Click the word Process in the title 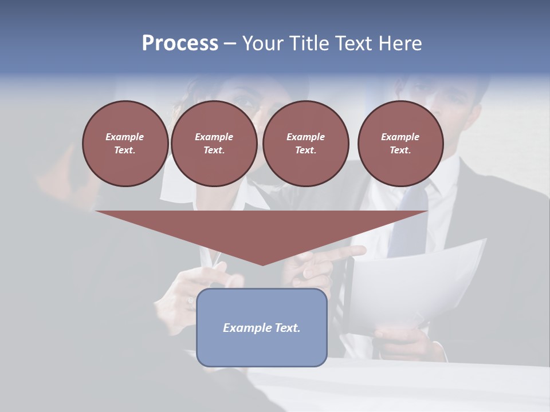point(180,43)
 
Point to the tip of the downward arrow point(262,264)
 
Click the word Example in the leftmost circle point(125,137)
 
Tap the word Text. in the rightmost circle point(400,150)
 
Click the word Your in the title point(261,43)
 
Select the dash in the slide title point(230,43)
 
